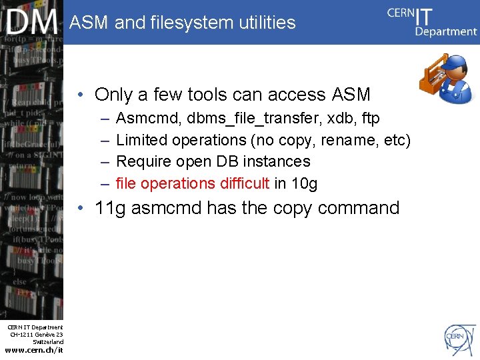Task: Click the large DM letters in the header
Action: coord(32,22)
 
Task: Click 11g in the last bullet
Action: coord(110,209)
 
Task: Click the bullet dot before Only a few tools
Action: coord(79,95)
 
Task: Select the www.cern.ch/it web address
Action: coord(33,350)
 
